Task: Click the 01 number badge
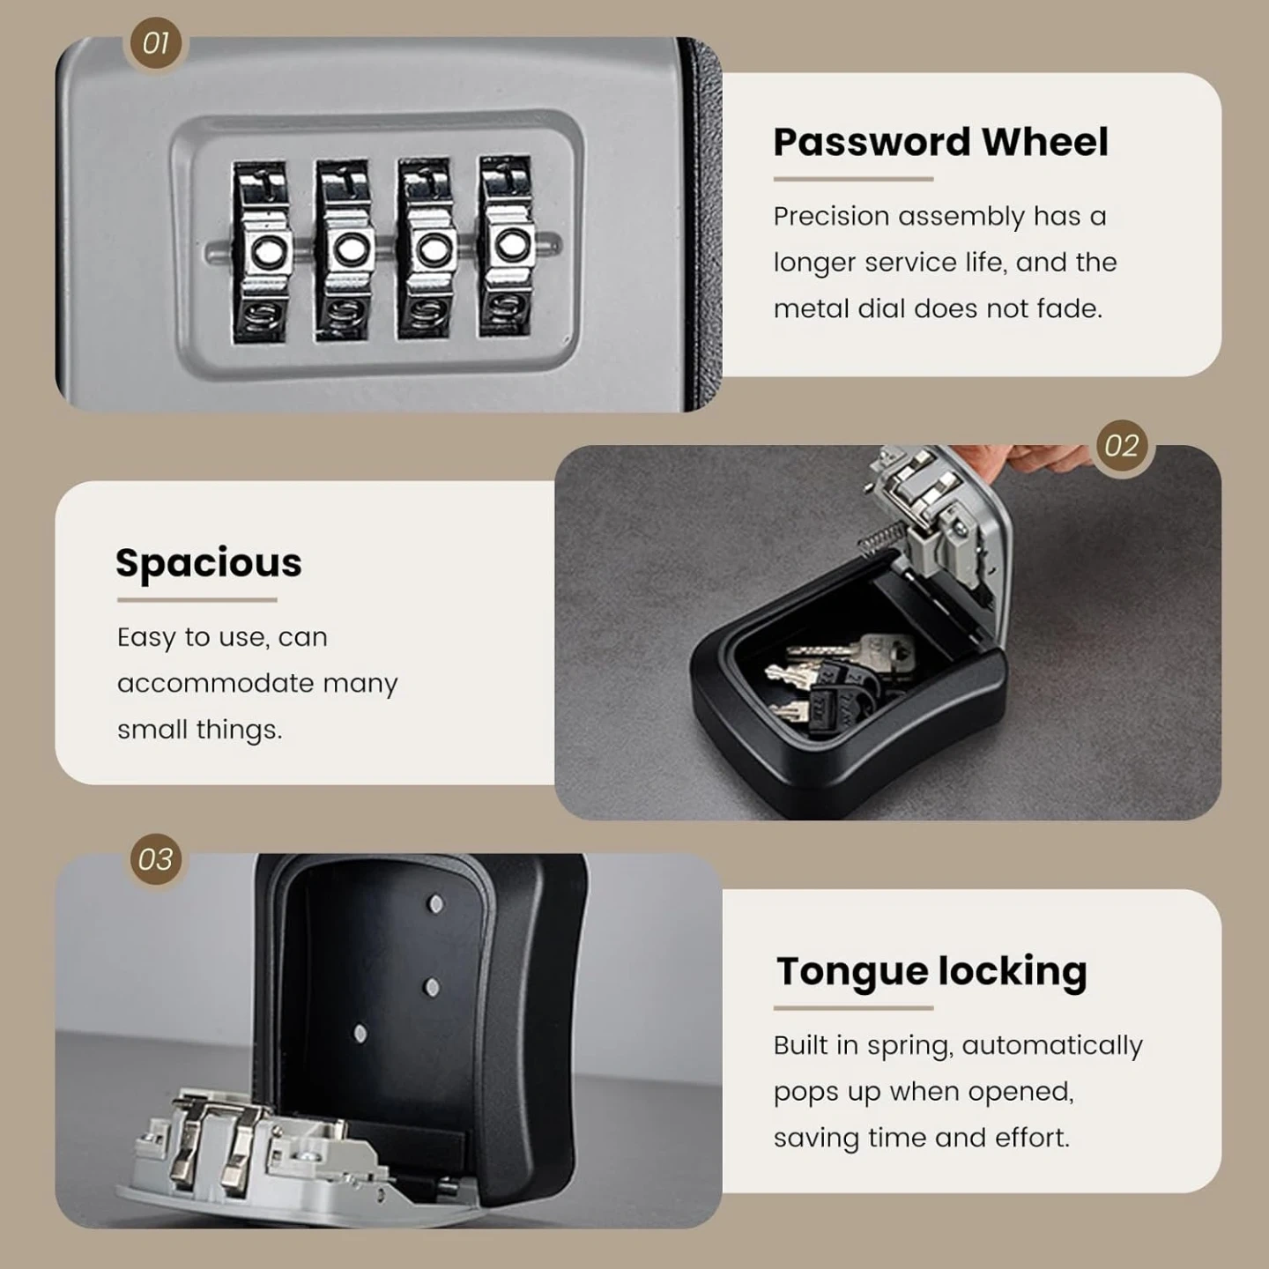155,43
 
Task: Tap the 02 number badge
1122,446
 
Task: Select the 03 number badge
155,859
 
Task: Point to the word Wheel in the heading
1045,142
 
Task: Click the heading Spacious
209,563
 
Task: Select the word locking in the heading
1013,973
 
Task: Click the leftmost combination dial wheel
262,252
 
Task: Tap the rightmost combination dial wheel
506,246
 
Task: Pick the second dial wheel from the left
344,250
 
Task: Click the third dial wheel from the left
427,249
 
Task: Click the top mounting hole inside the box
435,903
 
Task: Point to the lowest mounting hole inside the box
360,1033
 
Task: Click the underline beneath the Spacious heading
197,600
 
